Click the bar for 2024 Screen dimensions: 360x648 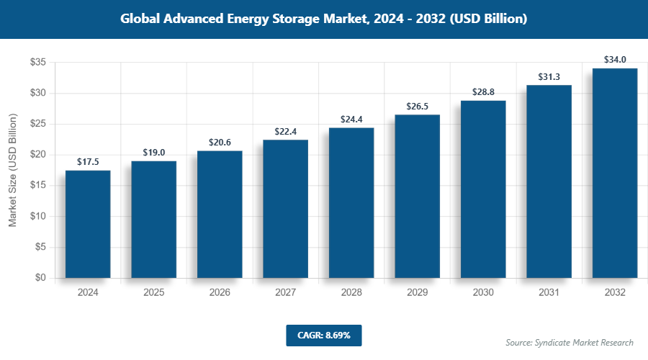tap(88, 224)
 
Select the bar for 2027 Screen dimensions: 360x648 tap(285, 209)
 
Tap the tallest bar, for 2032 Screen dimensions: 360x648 tap(615, 173)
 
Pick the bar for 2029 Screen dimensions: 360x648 tap(417, 196)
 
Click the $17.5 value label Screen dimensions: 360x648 tap(88, 162)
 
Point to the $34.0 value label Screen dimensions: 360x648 tap(615, 60)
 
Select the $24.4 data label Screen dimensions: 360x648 tap(351, 120)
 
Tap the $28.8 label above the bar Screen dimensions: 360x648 tap(483, 92)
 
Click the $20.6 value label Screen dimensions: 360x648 tap(220, 143)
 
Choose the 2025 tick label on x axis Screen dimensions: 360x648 tap(153, 292)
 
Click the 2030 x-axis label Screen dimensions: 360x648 tap(483, 292)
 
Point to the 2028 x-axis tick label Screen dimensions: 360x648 tap(351, 292)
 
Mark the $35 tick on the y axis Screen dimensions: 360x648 tap(38, 63)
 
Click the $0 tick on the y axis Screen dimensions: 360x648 tap(40, 278)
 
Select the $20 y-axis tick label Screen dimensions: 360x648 tap(38, 155)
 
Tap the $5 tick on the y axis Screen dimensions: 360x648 tap(40, 247)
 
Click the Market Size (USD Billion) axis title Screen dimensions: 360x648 tap(12, 170)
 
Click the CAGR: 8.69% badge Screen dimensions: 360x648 tap(323, 336)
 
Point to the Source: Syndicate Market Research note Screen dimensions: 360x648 tap(570, 343)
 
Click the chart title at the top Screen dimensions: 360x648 tap(324, 19)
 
